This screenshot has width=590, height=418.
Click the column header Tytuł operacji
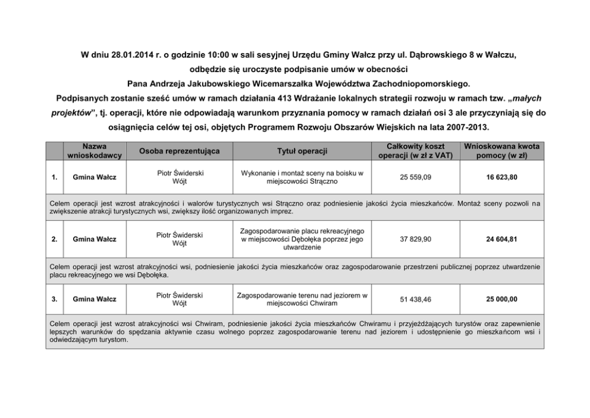(x=302, y=151)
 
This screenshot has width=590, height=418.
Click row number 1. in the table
(x=55, y=177)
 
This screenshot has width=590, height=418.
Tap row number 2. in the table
(x=55, y=239)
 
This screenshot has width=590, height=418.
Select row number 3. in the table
(x=55, y=299)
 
